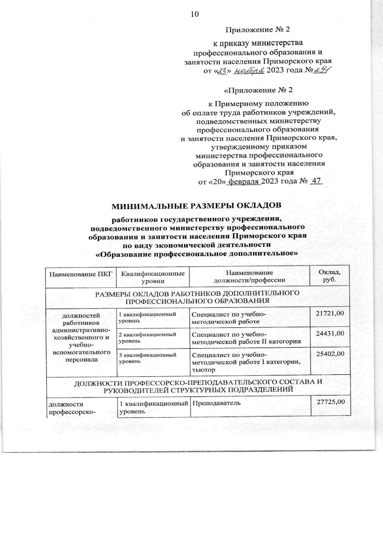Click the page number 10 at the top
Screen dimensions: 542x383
[195, 14]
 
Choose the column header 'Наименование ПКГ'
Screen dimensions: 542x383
[81, 274]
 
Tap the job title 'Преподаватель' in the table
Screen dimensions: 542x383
[215, 403]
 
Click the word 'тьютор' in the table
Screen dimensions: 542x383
[203, 370]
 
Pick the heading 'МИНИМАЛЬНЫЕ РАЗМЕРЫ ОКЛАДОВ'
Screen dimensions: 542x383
[196, 206]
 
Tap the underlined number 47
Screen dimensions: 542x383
[316, 181]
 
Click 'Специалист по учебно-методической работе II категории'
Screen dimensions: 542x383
[246, 338]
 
